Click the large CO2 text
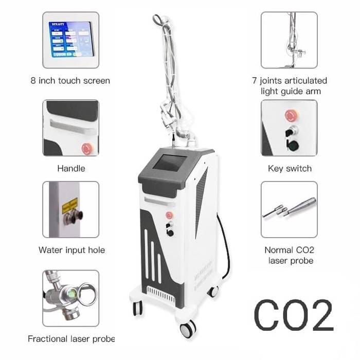coord(294,315)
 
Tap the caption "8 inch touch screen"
coord(70,81)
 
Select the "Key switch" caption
coord(290,169)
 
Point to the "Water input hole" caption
coord(71,250)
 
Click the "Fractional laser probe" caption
coord(71,339)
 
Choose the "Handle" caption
coord(71,169)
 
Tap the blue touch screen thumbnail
coord(71,39)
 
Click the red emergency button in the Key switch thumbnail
coord(292,116)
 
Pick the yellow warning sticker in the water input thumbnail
coord(70,206)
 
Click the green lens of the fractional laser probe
coord(73,293)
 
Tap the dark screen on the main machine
coord(169,163)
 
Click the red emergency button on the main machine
coord(169,215)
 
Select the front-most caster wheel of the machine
coord(188,329)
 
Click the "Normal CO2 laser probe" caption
coord(290,255)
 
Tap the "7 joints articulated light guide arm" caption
coord(290,86)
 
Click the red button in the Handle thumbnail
coord(87,149)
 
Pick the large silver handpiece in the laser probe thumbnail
coord(300,206)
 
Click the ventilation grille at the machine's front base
coord(161,294)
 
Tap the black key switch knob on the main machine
coord(170,233)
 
